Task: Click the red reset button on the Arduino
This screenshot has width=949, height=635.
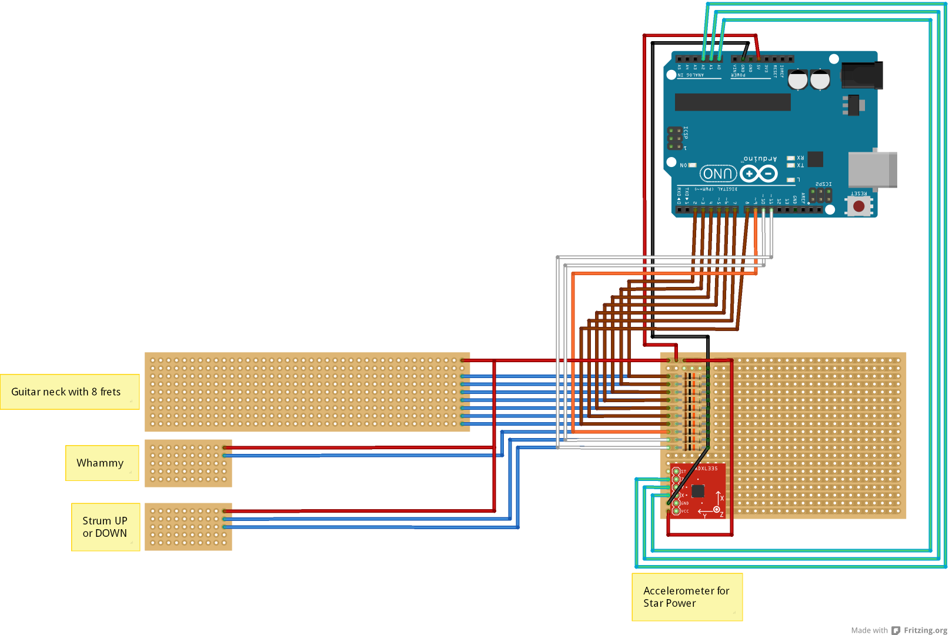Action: tap(858, 206)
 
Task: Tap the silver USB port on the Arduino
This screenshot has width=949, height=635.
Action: tap(873, 169)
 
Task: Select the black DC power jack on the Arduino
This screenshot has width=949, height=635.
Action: tap(862, 75)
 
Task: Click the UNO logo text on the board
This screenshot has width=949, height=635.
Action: tap(718, 174)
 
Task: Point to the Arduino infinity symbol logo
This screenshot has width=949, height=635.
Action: tap(758, 173)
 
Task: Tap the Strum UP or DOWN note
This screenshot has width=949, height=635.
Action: tap(105, 527)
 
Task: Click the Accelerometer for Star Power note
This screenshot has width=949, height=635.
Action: tap(687, 597)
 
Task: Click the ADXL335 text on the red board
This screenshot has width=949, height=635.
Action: tap(707, 469)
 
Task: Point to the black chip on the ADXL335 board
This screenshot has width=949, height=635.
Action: tap(698, 491)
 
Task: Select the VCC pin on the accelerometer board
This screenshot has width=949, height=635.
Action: tap(676, 511)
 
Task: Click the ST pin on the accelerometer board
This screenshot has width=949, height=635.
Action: tap(676, 472)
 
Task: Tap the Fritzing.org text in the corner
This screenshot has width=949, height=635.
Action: tap(925, 630)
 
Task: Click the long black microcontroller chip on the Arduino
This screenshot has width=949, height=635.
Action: tap(732, 102)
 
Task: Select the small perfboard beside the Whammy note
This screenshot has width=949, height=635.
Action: tap(188, 463)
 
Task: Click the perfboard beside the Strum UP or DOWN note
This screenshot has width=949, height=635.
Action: tap(188, 527)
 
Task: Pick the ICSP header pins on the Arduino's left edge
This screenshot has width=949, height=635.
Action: tap(675, 138)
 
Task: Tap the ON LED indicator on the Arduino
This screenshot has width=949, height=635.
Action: tap(692, 165)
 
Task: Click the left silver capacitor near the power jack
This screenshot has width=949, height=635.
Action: tap(797, 80)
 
